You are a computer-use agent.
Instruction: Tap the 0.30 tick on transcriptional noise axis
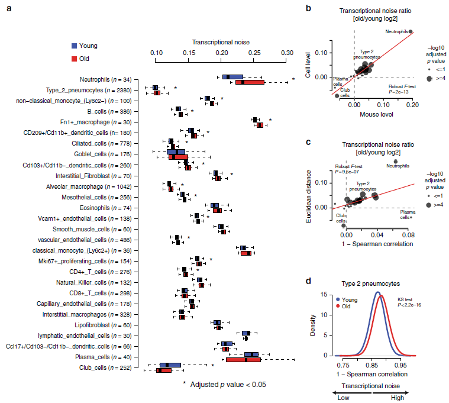pyautogui.click(x=288, y=53)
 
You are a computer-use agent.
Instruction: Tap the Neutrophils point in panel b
pyautogui.click(x=411, y=31)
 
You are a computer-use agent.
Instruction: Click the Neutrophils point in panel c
pyautogui.click(x=396, y=161)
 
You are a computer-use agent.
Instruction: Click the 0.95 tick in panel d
pyautogui.click(x=401, y=366)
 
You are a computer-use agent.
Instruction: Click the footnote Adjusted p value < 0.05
pyautogui.click(x=224, y=385)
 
